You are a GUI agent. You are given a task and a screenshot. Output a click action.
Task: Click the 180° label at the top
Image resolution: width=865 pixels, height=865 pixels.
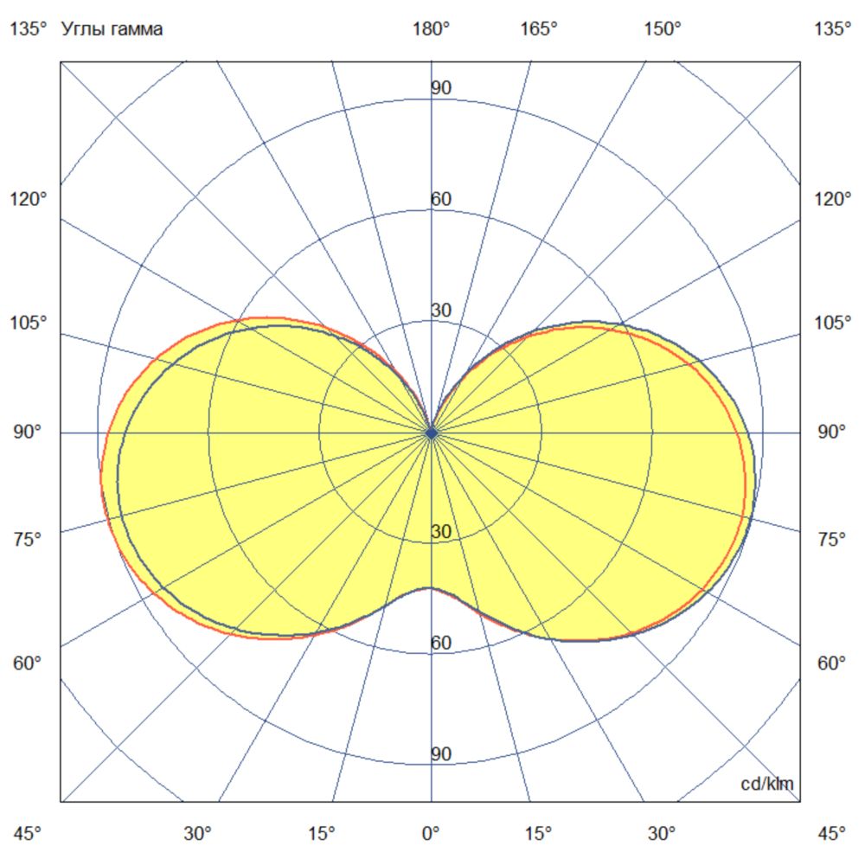[431, 29]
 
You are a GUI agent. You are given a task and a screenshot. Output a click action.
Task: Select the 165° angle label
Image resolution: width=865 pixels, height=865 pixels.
[538, 29]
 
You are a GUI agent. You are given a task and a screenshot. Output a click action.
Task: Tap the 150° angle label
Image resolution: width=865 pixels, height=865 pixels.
[663, 29]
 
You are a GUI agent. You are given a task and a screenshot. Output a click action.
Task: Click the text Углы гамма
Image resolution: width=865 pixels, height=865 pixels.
[112, 29]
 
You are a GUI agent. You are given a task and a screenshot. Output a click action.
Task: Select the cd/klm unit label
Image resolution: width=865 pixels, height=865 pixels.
[767, 784]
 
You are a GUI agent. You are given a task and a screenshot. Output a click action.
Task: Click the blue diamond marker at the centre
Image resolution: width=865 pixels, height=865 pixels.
[431, 432]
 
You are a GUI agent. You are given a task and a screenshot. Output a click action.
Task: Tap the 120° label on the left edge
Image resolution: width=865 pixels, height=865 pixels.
[29, 200]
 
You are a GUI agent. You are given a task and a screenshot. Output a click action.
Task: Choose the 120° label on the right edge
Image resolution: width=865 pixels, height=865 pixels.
[832, 200]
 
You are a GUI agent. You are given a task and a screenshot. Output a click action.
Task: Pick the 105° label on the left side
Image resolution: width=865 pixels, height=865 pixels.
[29, 324]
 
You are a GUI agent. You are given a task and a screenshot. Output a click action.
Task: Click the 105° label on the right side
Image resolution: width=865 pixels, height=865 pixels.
[832, 324]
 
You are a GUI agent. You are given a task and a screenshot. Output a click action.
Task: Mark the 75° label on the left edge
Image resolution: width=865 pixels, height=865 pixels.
[29, 540]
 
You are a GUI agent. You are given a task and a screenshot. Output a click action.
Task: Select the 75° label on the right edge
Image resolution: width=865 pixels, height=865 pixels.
[832, 540]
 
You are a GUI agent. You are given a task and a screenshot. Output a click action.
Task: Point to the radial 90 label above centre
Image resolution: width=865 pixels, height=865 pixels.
[441, 88]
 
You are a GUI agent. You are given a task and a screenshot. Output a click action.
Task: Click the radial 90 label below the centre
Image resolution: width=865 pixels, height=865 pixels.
[441, 754]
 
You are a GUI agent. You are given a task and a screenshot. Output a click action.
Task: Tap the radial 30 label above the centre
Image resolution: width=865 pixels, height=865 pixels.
[441, 311]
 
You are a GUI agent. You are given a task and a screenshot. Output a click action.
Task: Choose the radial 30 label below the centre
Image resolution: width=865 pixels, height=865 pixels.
[441, 532]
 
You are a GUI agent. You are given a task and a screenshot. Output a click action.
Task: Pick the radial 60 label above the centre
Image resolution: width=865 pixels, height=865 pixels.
[441, 200]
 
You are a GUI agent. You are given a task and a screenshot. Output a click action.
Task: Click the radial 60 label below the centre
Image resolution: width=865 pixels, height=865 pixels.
[441, 643]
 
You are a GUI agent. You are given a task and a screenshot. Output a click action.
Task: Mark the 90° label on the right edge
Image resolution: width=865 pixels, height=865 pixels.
[832, 432]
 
